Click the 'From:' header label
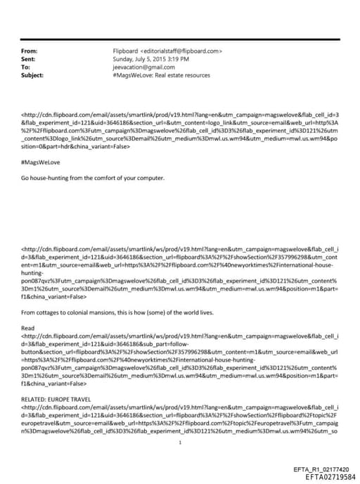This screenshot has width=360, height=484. click(30, 51)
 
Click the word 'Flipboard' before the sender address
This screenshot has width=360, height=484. click(126, 51)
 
